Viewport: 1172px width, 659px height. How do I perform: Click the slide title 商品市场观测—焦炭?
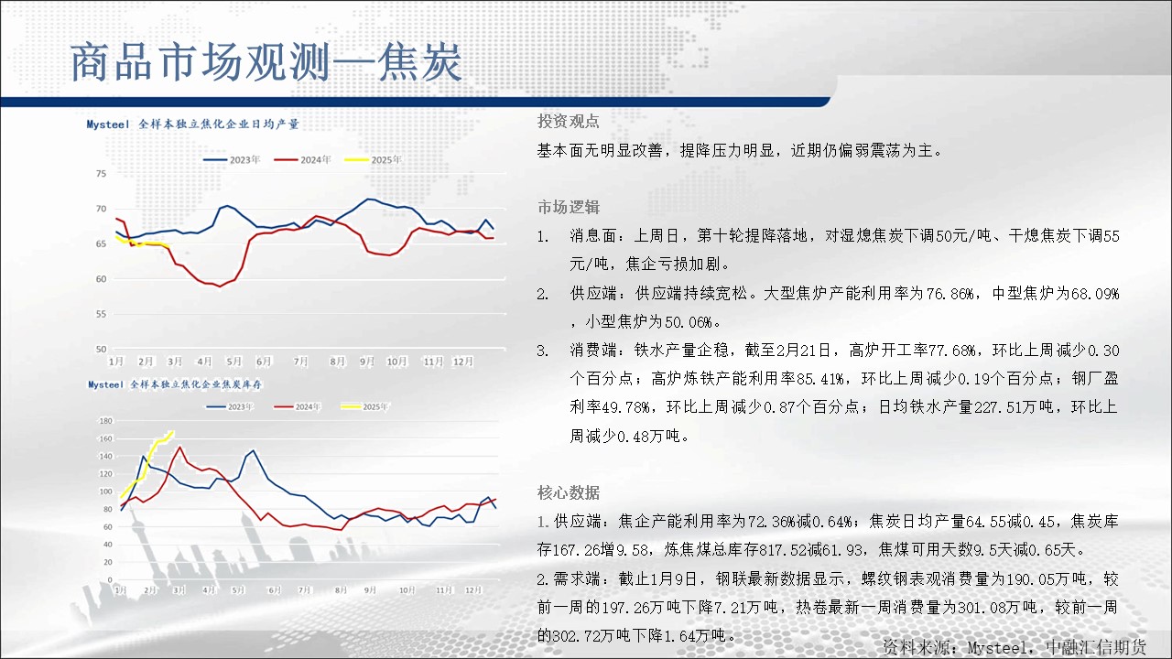click(266, 63)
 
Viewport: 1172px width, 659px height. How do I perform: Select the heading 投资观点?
click(569, 122)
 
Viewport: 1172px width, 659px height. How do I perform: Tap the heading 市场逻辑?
click(569, 207)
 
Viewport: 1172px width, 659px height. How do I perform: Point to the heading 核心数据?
click(569, 492)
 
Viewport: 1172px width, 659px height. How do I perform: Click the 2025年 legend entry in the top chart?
click(373, 159)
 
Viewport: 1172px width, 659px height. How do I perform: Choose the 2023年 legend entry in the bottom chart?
click(230, 406)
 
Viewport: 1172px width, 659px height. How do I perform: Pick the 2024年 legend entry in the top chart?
click(302, 159)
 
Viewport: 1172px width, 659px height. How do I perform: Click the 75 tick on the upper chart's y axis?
click(101, 174)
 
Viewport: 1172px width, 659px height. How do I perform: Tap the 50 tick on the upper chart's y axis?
click(101, 349)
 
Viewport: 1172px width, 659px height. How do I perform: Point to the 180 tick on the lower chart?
click(105, 420)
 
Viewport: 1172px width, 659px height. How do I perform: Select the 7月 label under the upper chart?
click(301, 362)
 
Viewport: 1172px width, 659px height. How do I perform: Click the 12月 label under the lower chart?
click(473, 590)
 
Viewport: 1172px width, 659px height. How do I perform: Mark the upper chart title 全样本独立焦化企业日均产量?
click(219, 124)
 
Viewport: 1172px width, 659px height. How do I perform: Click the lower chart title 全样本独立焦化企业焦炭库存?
click(196, 384)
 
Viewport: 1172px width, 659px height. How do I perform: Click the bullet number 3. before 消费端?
click(543, 351)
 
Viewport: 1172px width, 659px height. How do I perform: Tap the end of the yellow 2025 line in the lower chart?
click(173, 432)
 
